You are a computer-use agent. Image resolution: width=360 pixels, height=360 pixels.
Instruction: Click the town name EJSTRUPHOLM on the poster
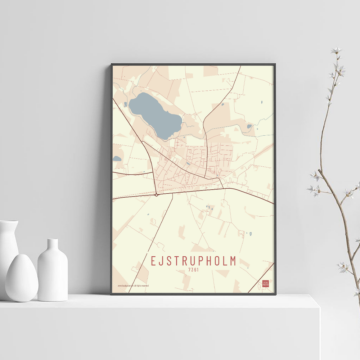point(193,261)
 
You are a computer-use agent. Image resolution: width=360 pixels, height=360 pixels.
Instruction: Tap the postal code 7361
point(193,270)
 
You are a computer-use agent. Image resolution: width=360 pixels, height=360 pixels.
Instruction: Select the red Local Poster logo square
point(266,283)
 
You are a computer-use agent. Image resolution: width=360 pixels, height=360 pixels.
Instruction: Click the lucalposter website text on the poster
point(133,285)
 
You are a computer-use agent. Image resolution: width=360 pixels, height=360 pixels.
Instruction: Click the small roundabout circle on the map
point(156,195)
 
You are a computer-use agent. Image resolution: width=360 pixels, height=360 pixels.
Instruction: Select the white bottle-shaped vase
point(53,274)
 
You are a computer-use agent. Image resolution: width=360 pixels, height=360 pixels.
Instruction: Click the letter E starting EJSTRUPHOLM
point(154,261)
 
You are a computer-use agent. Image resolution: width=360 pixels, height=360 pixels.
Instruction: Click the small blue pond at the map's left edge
point(117,158)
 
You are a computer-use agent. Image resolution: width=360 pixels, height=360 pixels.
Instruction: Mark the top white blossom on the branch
point(336,51)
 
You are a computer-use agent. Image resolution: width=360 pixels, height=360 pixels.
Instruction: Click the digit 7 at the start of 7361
point(189,270)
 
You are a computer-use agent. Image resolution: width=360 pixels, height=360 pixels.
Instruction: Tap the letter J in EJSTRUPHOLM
point(162,261)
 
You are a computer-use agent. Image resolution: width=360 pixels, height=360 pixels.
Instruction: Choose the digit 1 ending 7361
point(198,270)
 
